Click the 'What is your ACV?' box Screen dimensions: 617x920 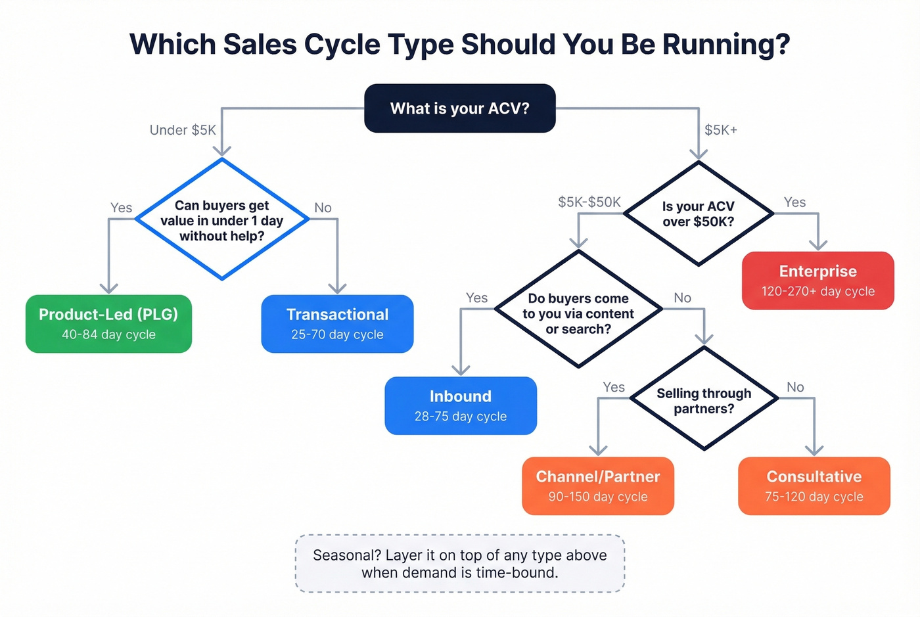pyautogui.click(x=459, y=108)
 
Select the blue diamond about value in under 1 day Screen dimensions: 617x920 pyautogui.click(x=222, y=220)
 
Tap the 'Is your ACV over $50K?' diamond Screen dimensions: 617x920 pyautogui.click(x=698, y=214)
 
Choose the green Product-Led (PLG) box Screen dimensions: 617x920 pyautogui.click(x=108, y=323)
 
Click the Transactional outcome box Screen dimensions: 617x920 pyautogui.click(x=337, y=323)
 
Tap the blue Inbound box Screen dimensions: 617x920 pyautogui.click(x=461, y=405)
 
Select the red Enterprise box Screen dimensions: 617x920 pyautogui.click(x=817, y=280)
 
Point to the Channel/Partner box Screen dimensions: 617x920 pyautogui.click(x=597, y=486)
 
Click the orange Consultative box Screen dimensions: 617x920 pyautogui.click(x=814, y=486)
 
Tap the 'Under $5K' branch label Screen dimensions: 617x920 pyautogui.click(x=183, y=130)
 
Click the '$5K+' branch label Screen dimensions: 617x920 pyautogui.click(x=721, y=130)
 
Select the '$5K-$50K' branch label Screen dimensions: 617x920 pyautogui.click(x=589, y=202)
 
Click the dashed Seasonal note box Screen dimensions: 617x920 pyautogui.click(x=459, y=563)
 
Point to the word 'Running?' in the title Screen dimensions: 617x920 pyautogui.click(x=725, y=45)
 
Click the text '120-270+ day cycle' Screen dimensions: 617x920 pyautogui.click(x=817, y=291)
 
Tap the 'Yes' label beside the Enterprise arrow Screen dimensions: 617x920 pyautogui.click(x=794, y=202)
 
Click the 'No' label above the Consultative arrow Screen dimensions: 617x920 pyautogui.click(x=795, y=387)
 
